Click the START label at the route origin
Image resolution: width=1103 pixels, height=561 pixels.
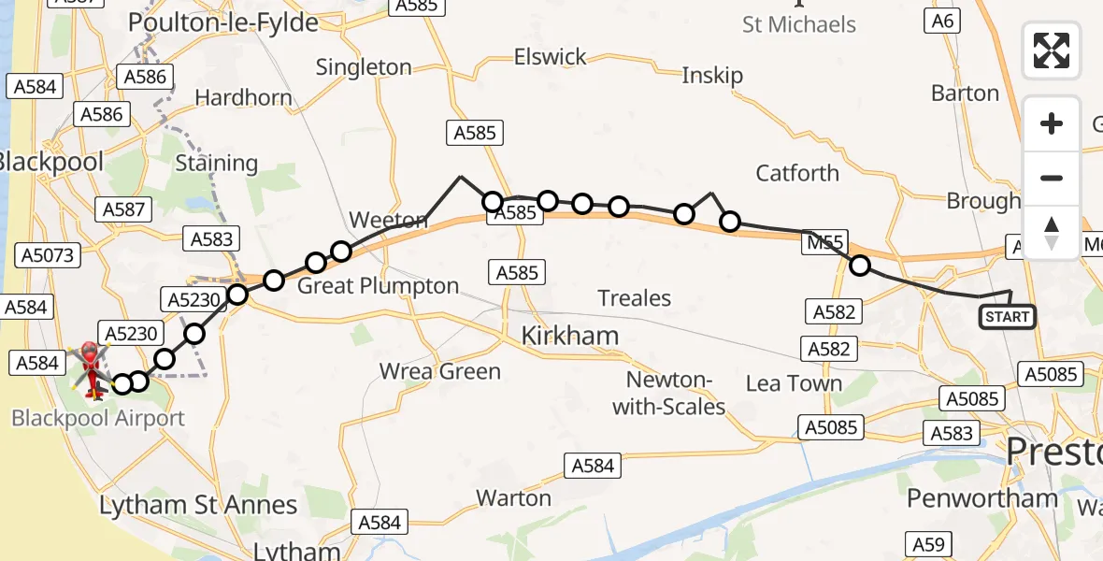(1007, 318)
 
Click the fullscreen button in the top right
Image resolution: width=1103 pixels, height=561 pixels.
(1052, 50)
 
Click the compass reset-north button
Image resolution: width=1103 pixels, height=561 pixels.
(1052, 233)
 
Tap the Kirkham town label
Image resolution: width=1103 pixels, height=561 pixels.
(569, 337)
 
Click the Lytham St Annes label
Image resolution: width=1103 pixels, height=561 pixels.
(198, 506)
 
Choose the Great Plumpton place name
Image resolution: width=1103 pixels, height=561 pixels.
(378, 286)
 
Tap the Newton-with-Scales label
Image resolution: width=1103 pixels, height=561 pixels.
(676, 394)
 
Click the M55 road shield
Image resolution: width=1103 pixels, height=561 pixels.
(825, 244)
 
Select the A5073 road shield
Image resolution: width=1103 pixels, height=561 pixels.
(50, 255)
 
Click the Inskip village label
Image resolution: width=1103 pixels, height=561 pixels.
(712, 76)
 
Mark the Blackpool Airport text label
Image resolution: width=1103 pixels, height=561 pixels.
(98, 418)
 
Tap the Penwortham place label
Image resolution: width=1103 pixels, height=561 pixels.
(981, 498)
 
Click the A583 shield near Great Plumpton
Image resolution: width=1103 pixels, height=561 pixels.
(211, 239)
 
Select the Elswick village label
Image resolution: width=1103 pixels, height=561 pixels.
(551, 57)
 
